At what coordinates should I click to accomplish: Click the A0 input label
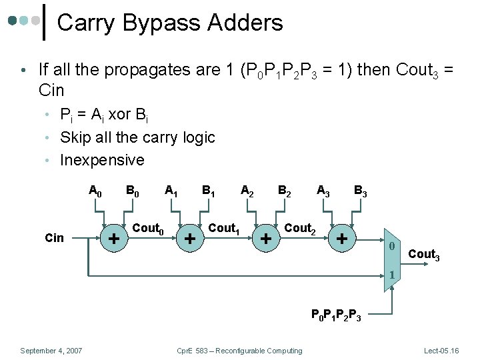(95, 192)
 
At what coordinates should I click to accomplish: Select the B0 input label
(133, 192)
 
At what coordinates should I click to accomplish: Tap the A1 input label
(171, 192)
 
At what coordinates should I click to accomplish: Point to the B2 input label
(284, 192)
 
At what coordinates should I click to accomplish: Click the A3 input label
(323, 192)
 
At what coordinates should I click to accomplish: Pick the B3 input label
(360, 192)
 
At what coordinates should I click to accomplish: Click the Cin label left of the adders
(54, 237)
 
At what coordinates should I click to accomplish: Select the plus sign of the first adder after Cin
(114, 238)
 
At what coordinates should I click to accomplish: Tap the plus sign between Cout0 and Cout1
(190, 238)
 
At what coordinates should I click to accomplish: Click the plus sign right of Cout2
(342, 238)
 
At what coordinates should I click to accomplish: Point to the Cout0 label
(149, 229)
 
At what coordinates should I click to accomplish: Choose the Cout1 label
(224, 229)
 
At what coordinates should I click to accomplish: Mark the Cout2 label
(300, 229)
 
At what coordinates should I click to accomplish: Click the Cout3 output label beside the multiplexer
(423, 254)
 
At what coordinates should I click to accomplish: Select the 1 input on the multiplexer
(393, 275)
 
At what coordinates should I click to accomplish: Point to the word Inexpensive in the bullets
(102, 160)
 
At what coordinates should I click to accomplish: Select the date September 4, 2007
(51, 351)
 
